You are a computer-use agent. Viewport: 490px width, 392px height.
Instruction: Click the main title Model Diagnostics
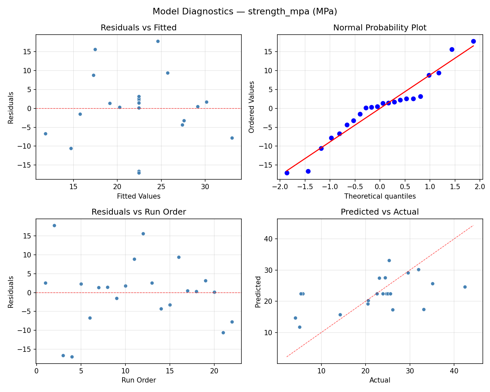[245, 12]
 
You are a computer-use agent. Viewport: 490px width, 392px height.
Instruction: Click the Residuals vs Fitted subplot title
[139, 28]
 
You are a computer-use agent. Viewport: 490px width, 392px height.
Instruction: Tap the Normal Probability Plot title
[380, 28]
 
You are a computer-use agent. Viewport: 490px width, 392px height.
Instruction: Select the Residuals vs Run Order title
[139, 212]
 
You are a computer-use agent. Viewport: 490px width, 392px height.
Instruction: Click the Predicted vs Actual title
[380, 212]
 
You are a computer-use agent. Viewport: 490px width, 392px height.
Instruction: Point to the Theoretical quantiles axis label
[380, 196]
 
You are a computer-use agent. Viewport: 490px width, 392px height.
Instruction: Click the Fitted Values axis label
[139, 196]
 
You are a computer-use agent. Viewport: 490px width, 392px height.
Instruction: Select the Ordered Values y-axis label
[251, 107]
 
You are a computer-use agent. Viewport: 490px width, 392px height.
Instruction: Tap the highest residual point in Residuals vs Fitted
[158, 41]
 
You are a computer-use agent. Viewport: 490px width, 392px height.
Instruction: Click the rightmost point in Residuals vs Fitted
[232, 138]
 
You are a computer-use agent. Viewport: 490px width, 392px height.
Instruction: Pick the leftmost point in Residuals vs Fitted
[45, 134]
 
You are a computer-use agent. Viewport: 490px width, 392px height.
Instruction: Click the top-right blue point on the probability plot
[473, 41]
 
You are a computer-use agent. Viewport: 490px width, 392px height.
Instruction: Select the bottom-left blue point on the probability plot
[287, 173]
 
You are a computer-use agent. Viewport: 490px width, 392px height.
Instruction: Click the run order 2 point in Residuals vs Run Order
[54, 225]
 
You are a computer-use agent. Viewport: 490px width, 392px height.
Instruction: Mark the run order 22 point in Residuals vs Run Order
[232, 322]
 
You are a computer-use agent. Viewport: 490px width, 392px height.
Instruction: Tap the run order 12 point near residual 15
[143, 234]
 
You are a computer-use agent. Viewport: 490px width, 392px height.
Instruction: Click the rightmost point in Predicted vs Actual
[465, 287]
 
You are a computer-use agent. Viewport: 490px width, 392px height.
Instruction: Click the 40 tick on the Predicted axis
[269, 239]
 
